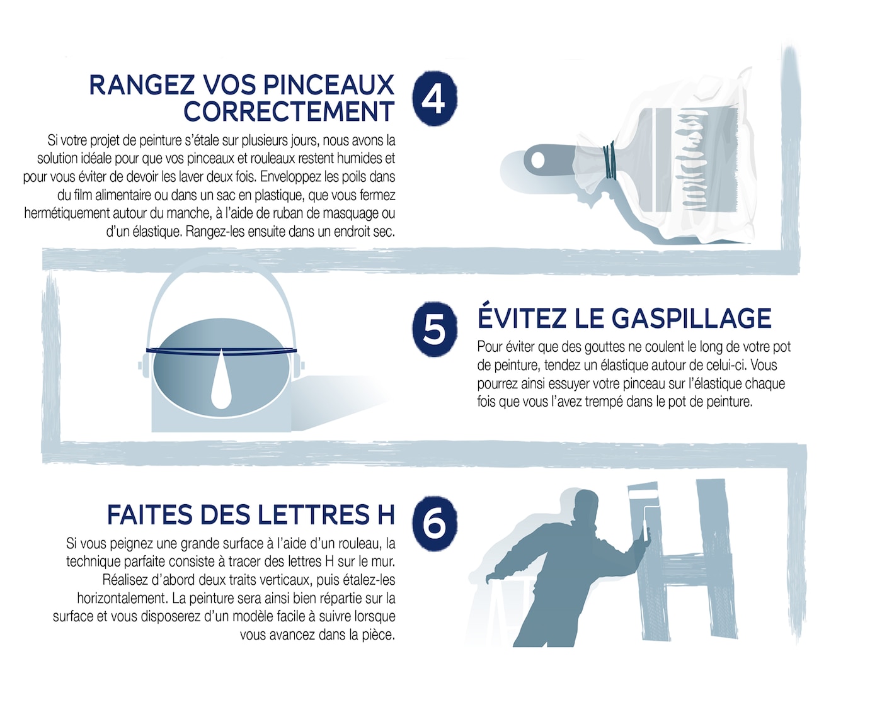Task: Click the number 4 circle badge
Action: [434, 98]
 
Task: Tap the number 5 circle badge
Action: [434, 329]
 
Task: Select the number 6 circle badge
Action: [434, 522]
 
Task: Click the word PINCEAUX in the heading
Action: [328, 85]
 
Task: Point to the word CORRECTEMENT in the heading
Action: [289, 112]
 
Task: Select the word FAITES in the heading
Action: [149, 515]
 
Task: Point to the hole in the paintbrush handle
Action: [537, 160]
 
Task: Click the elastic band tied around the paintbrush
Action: [609, 161]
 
